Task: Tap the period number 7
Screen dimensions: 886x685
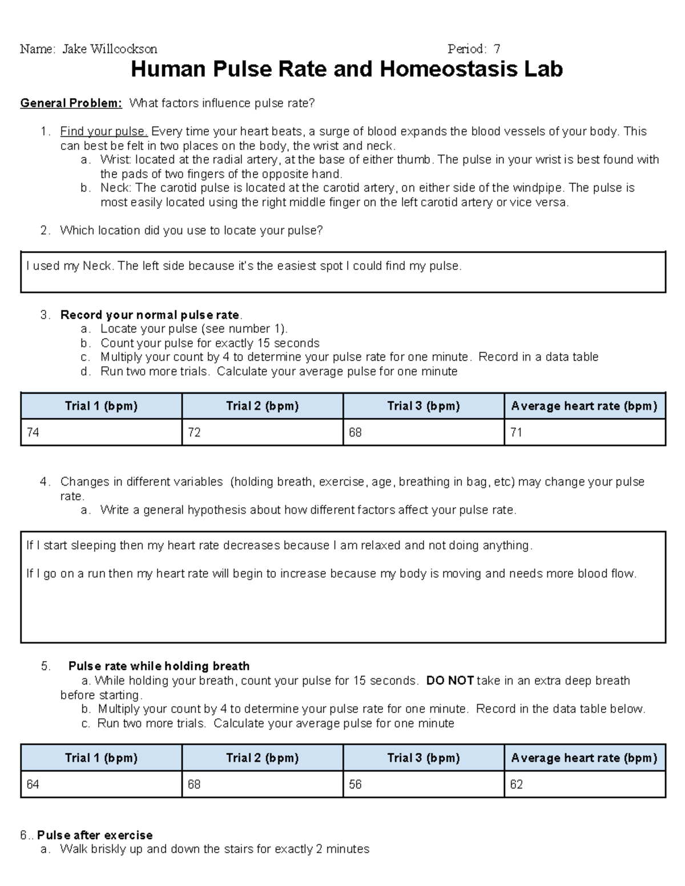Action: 497,49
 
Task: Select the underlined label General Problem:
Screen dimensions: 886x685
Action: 71,103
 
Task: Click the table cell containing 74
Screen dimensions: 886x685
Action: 101,432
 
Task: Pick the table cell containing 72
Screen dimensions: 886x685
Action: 262,432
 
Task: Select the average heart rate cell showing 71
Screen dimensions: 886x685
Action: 585,432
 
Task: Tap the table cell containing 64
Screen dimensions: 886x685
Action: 101,784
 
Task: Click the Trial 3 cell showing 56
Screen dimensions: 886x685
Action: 423,784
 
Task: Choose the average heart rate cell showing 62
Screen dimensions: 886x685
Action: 585,784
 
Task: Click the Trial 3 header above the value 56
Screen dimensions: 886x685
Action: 423,758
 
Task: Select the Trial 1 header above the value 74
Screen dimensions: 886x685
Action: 101,406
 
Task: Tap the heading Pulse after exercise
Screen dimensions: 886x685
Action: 95,835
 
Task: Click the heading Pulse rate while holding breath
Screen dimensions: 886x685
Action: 159,666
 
